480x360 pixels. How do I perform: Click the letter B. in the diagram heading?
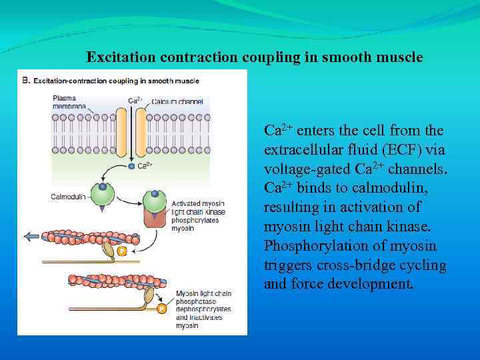click(27, 80)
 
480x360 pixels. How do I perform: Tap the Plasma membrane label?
click(69, 101)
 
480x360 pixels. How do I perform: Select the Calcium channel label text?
click(177, 101)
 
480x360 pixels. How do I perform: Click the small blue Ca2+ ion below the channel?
click(131, 166)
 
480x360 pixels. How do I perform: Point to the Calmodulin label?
click(68, 197)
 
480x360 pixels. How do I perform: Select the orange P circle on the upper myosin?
click(122, 251)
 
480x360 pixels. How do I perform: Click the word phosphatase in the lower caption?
click(195, 301)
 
